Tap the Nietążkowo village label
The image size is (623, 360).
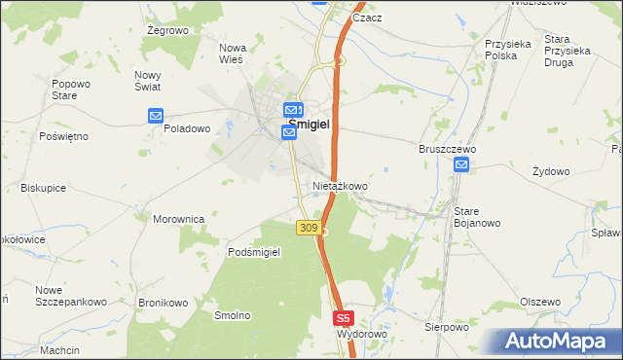340,185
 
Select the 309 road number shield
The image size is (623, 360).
308,228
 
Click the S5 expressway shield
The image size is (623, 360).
343,318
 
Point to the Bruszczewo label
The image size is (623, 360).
446,149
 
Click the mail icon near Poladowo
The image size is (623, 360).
156,117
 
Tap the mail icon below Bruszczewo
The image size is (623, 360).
461,166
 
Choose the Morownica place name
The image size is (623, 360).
178,219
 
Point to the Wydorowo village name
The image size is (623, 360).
362,334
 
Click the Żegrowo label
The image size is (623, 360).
166,31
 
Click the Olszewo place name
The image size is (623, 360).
540,302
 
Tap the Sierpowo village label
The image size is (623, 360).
447,327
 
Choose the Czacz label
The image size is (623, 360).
367,18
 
